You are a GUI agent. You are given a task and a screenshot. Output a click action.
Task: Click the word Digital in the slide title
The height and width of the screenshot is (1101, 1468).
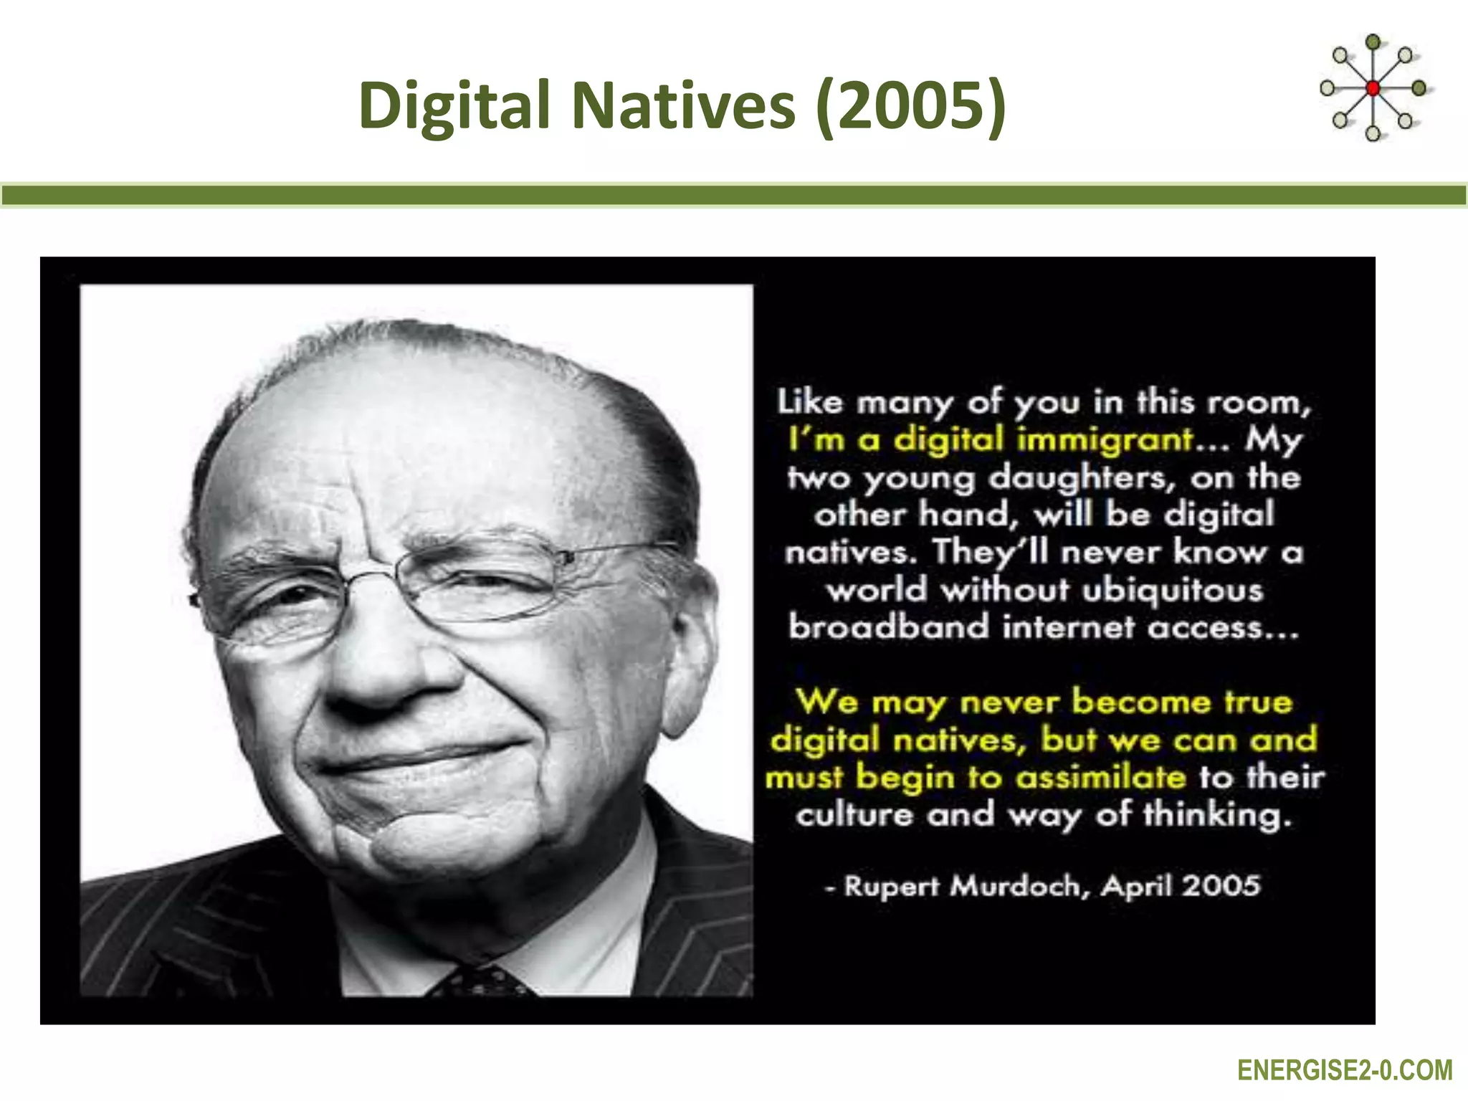point(454,106)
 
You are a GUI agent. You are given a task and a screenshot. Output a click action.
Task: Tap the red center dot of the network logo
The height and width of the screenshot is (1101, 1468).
point(1373,89)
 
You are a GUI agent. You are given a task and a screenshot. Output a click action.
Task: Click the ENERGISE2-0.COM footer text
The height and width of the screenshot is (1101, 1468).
point(1345,1071)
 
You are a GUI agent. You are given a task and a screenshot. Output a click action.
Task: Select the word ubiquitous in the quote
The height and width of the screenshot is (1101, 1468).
point(1172,590)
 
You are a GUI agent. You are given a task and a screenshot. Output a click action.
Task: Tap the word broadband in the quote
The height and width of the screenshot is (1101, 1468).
point(887,627)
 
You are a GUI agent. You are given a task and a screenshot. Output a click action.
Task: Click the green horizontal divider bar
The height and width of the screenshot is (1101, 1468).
point(734,196)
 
